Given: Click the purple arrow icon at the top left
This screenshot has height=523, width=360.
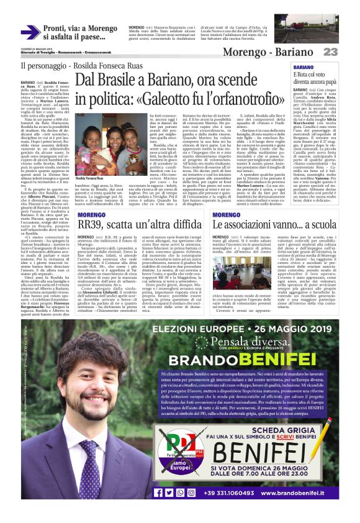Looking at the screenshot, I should (29, 32).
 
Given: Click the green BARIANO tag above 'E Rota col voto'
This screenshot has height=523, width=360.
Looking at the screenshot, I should (304, 67).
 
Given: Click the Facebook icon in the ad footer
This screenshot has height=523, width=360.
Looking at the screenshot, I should (158, 493).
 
